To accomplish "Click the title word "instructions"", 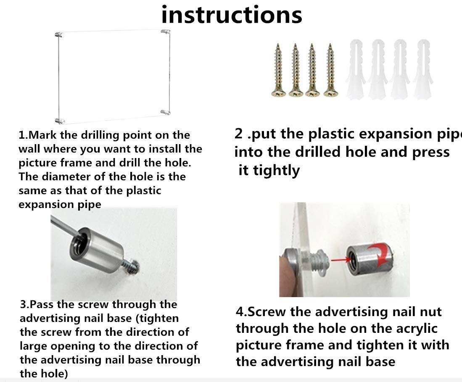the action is click(x=232, y=15).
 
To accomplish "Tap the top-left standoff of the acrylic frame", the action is click(x=60, y=34).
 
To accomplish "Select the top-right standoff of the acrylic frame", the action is click(x=166, y=31).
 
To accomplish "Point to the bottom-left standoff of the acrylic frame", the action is click(x=60, y=121).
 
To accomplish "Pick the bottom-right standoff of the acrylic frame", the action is click(x=166, y=112).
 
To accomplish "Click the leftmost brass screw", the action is click(x=278, y=71).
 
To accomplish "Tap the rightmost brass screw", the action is click(x=330, y=71).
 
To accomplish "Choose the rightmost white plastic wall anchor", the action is click(x=423, y=69).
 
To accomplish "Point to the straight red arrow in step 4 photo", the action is click(x=341, y=260).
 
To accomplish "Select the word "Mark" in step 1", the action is click(x=43, y=135).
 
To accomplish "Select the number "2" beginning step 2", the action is click(x=238, y=134).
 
